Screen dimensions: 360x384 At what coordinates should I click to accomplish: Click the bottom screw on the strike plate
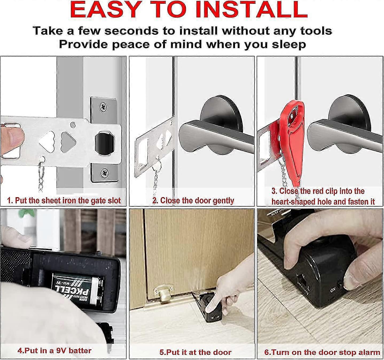tap(104, 174)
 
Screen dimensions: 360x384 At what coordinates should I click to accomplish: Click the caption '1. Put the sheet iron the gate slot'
tap(64, 200)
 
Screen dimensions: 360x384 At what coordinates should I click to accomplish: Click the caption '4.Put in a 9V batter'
tap(54, 351)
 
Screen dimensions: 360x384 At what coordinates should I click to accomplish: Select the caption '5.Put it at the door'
tap(195, 352)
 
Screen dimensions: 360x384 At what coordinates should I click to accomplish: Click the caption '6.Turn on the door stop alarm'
tap(322, 352)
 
